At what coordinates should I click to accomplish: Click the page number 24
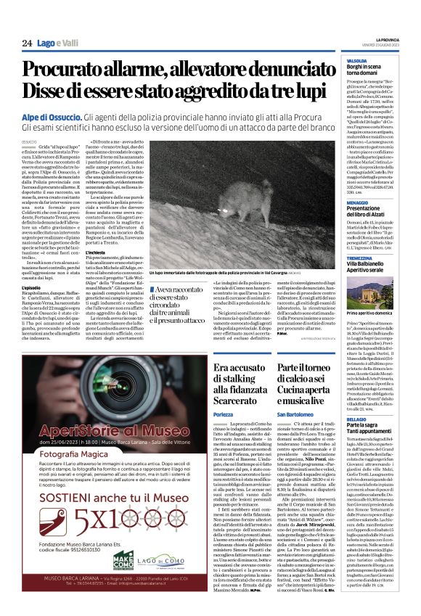[27, 44]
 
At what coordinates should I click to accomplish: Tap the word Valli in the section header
[69, 44]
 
